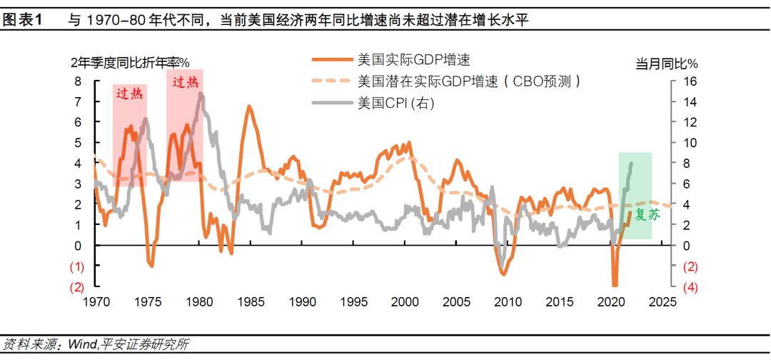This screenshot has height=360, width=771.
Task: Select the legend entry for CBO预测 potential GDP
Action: pos(468,81)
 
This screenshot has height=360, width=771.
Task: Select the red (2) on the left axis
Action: pos(77,287)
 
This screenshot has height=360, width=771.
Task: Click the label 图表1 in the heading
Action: pos(24,20)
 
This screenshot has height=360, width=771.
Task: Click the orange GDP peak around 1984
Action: pos(249,106)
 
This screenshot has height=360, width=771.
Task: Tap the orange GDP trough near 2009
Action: pos(503,274)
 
